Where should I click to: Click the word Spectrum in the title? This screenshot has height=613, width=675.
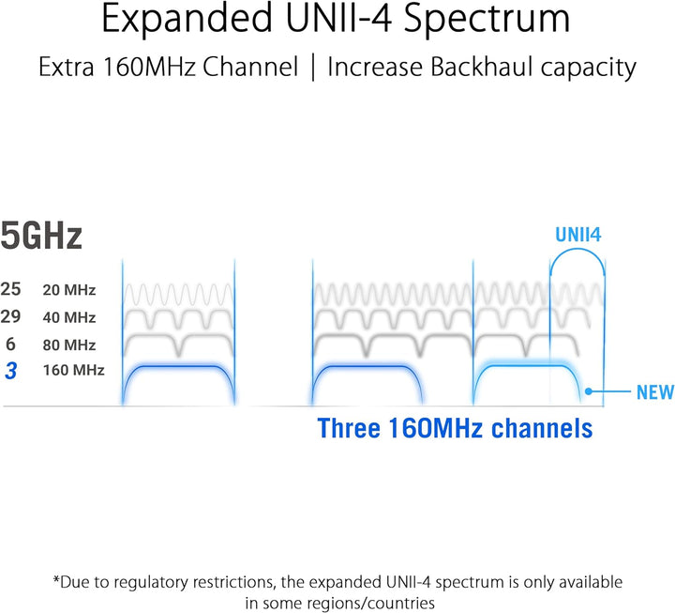tap(487, 20)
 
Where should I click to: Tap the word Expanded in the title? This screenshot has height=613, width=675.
tap(187, 20)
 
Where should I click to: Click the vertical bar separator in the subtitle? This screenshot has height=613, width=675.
tap(313, 68)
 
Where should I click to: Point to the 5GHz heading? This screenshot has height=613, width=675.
tap(41, 236)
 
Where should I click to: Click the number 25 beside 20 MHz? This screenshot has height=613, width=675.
tap(10, 289)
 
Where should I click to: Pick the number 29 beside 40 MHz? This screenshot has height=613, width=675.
tap(10, 317)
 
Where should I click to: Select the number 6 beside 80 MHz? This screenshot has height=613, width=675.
tap(10, 344)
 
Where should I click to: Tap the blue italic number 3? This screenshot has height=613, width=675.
tap(11, 371)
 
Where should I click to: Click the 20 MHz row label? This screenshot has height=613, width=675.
tap(68, 290)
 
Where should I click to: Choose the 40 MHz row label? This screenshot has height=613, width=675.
tap(68, 317)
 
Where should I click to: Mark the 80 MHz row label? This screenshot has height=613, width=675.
tap(68, 345)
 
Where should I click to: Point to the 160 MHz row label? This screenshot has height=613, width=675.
tap(74, 370)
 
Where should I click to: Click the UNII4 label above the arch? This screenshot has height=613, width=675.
tap(578, 235)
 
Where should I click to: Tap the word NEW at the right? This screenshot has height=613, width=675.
tap(655, 392)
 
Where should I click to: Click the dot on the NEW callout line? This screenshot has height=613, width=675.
tap(589, 391)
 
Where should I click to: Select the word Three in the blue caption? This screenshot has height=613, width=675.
tap(349, 428)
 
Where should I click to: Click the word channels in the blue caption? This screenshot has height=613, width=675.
tap(542, 428)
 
